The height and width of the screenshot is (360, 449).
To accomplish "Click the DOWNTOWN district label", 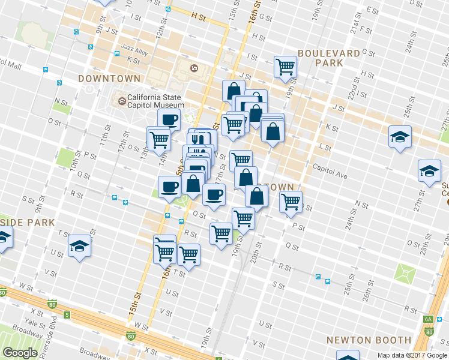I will click(109, 79).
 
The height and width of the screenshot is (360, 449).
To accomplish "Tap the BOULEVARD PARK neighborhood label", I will click(328, 58).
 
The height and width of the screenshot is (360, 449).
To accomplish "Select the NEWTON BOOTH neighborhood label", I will click(369, 340).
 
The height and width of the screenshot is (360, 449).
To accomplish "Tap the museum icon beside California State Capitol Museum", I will click(122, 101).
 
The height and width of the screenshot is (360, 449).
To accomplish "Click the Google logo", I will click(20, 353).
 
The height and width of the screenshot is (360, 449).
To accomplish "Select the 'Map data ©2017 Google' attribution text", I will click(412, 355).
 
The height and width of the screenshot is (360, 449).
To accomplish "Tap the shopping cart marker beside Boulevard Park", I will click(285, 67).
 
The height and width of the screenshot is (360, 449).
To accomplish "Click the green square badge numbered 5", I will click(67, 314).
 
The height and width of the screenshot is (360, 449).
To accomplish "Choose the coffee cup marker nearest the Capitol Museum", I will click(169, 119).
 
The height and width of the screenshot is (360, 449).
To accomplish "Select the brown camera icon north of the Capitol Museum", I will click(193, 68).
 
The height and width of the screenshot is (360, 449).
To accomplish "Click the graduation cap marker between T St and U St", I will click(79, 247).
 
